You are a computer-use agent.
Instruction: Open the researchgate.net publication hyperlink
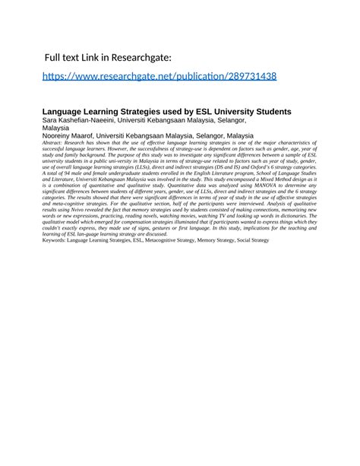tap(159, 76)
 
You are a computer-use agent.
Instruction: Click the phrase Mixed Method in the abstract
tap(235, 178)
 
